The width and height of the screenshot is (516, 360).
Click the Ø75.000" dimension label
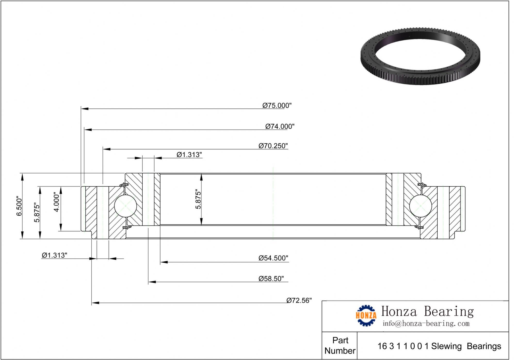click(x=277, y=106)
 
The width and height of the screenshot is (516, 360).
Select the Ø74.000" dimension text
click(x=280, y=127)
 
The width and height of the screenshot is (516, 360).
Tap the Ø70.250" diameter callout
click(x=273, y=146)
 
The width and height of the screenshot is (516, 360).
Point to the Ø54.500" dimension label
click(x=273, y=258)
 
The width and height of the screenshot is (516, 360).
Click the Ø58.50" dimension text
click(x=271, y=279)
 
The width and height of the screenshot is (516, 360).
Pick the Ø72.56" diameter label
click(x=299, y=301)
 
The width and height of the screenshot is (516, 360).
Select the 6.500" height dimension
click(x=19, y=206)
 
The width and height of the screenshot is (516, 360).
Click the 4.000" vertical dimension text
click(x=57, y=202)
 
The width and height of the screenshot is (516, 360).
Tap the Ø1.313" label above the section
click(x=189, y=155)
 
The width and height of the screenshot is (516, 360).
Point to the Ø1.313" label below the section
click(x=54, y=255)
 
